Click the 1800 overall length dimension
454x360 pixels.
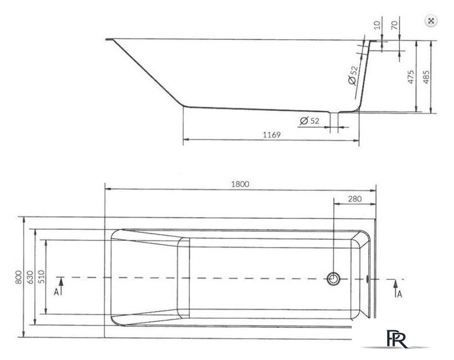click(x=239, y=183)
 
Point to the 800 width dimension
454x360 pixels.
click(x=19, y=277)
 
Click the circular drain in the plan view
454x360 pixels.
click(x=334, y=278)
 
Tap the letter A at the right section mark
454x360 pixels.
click(x=398, y=294)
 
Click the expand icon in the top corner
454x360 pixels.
click(x=431, y=21)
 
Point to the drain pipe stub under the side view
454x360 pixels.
click(x=334, y=121)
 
